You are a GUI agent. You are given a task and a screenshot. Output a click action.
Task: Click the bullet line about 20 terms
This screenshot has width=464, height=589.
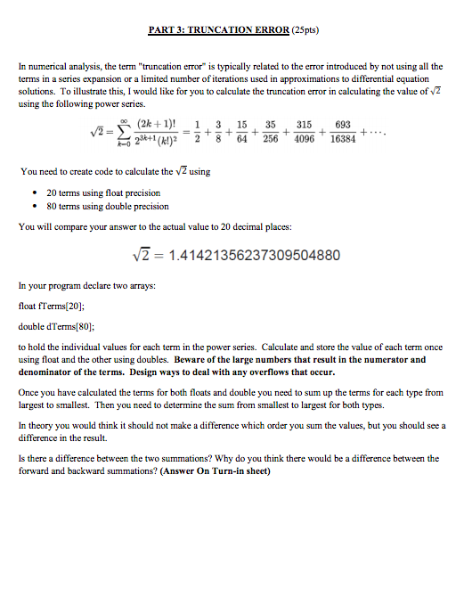91,192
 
